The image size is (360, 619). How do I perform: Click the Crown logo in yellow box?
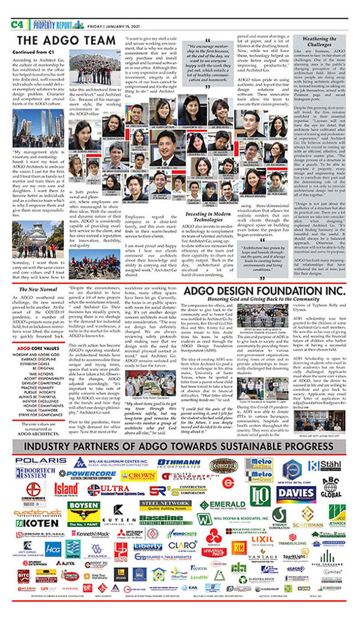click(138, 475)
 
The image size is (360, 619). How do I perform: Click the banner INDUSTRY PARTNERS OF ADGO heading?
click(180, 445)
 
